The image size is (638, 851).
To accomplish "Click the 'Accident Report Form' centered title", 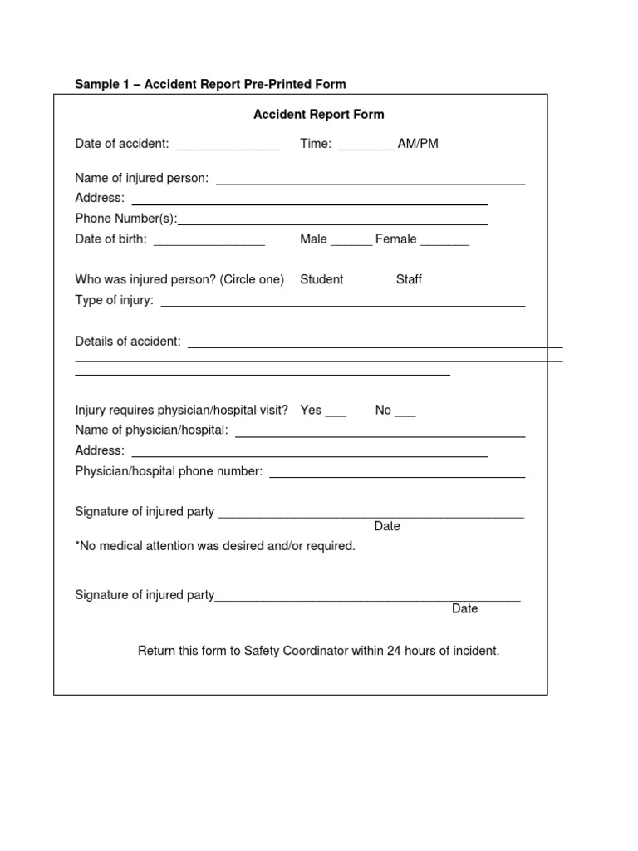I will (318, 115).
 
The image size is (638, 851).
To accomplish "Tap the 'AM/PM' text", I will (418, 144).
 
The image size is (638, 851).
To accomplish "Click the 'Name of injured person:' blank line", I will (371, 181).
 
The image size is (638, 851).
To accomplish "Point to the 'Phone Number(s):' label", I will (126, 219).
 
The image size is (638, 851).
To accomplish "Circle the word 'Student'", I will (321, 279).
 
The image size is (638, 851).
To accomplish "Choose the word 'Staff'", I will (409, 279).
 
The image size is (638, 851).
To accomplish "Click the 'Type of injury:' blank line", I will (342, 304).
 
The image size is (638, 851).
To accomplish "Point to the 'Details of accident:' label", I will (128, 342).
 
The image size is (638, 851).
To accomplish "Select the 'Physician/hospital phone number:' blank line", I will (397, 475).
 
